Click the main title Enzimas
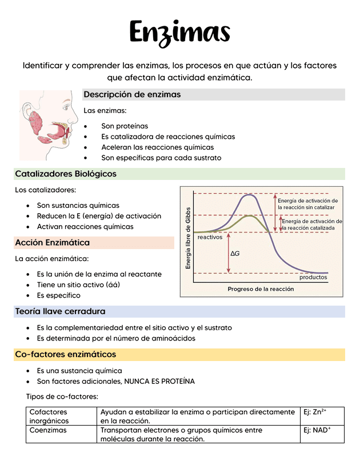179,32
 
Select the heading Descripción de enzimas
132,94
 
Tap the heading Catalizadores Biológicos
66,174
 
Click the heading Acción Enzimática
52,243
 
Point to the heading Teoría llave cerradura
60,311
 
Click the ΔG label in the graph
235,253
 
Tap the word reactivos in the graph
210,237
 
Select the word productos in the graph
313,277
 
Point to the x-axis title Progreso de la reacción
261,289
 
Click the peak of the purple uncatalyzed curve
249,195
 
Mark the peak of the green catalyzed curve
250,216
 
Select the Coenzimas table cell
48,430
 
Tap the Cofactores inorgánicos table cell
49,416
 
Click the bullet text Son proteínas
125,126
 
